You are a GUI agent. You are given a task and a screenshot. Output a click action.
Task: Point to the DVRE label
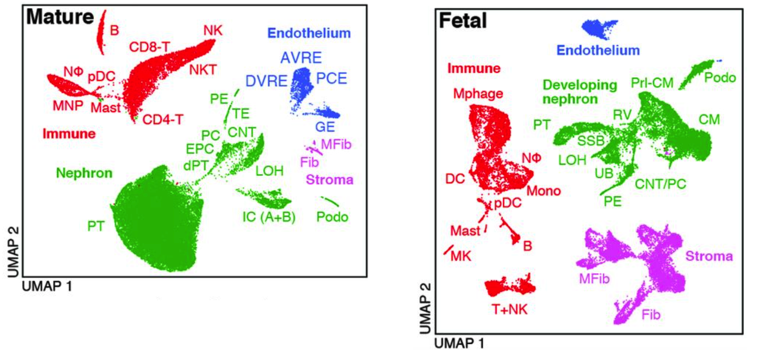pos(267,81)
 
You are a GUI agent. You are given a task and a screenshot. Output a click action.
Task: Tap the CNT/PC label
pos(660,184)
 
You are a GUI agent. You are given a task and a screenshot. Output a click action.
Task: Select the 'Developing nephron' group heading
pos(572,91)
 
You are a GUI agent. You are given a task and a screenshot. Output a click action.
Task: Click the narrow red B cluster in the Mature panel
pos(101,31)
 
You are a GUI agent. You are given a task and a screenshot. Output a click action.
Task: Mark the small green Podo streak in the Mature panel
pos(330,202)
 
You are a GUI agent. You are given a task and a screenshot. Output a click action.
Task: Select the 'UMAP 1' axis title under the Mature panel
pos(46,286)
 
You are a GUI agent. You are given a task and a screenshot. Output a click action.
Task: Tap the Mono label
pos(544,191)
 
